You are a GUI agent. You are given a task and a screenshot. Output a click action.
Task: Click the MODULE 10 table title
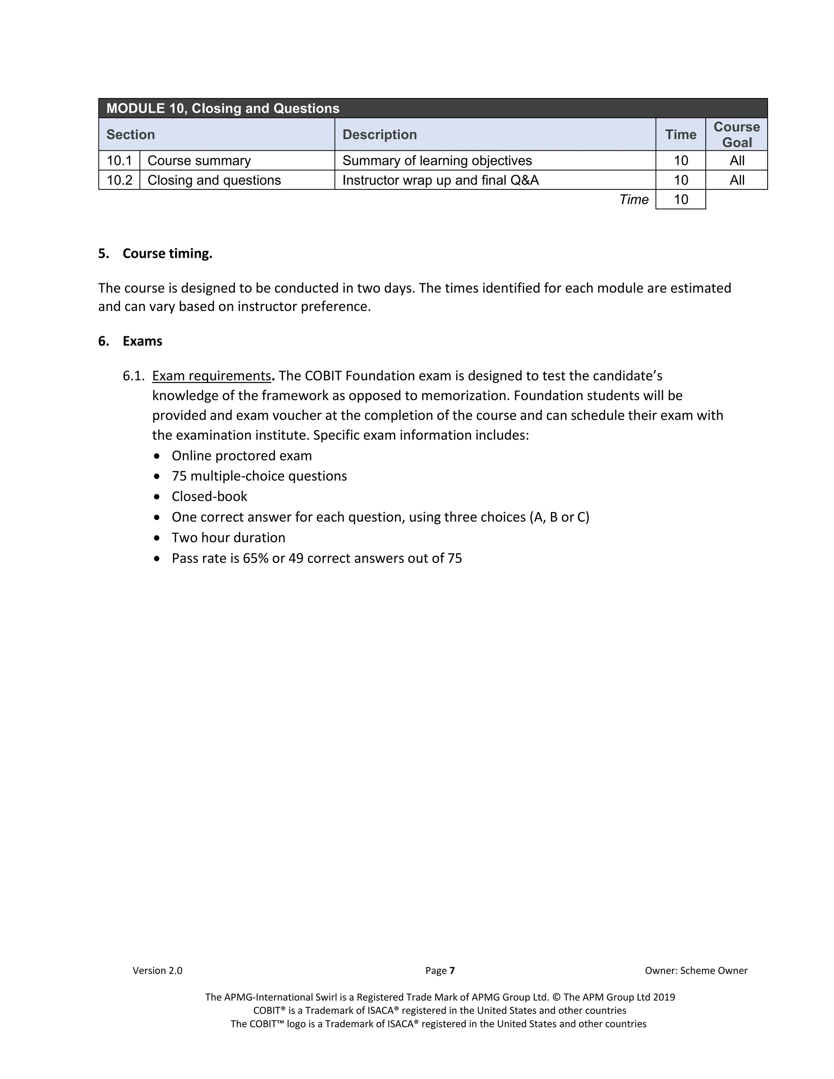pyautogui.click(x=223, y=108)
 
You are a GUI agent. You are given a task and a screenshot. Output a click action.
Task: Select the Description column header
pyautogui.click(x=380, y=134)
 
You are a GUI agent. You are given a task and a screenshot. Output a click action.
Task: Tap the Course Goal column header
pyautogui.click(x=736, y=134)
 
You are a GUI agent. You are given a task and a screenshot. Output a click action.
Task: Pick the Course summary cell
pyautogui.click(x=199, y=160)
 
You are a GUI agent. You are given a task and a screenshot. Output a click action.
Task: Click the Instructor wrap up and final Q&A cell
pyautogui.click(x=440, y=180)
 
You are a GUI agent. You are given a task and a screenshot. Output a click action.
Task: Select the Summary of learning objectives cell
pyautogui.click(x=437, y=160)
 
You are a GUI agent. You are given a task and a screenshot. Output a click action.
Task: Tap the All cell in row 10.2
pyautogui.click(x=736, y=180)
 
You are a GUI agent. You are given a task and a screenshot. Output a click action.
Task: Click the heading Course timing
pyautogui.click(x=167, y=253)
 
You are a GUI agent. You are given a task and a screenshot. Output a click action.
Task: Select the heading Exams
pyautogui.click(x=142, y=341)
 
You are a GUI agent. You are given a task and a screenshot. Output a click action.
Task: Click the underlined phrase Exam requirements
pyautogui.click(x=211, y=376)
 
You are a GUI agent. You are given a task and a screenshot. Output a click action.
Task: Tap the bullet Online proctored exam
pyautogui.click(x=241, y=456)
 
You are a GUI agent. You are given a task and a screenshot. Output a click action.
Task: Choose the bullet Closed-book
pyautogui.click(x=209, y=496)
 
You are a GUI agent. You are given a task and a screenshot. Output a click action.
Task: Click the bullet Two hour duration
pyautogui.click(x=228, y=537)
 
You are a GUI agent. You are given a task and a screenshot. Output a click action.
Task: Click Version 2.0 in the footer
pyautogui.click(x=157, y=970)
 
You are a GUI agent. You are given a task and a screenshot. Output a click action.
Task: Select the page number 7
pyautogui.click(x=452, y=970)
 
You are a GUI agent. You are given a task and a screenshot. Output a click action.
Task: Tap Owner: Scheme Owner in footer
pyautogui.click(x=696, y=970)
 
